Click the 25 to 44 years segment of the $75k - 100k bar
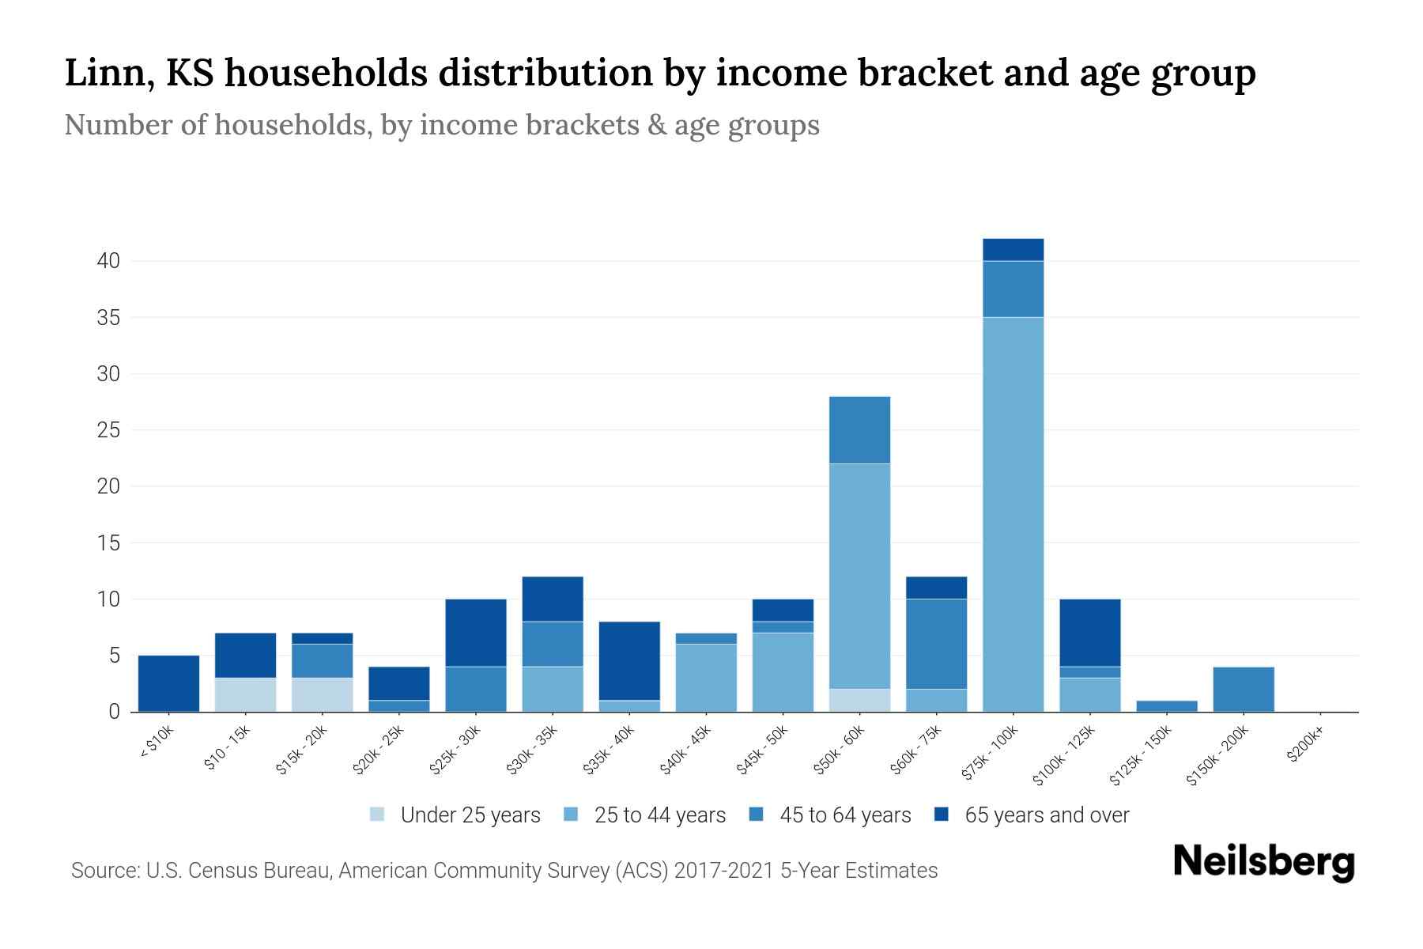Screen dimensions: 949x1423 1013,514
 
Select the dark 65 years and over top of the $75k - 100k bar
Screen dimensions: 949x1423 1013,249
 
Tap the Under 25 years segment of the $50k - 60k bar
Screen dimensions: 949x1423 859,700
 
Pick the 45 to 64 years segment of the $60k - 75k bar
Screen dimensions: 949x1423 936,644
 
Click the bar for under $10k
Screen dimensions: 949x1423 168,683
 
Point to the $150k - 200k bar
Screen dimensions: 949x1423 1244,689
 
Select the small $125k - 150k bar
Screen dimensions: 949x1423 1167,705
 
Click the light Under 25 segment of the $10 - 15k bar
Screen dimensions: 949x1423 245,694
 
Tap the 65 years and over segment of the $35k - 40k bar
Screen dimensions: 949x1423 629,660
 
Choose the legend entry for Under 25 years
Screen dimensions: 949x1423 470,815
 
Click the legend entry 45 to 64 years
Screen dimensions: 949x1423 844,815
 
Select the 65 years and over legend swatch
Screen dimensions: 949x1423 942,814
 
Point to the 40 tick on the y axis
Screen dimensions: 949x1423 108,260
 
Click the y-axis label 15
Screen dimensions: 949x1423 108,543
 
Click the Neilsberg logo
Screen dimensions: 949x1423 1263,862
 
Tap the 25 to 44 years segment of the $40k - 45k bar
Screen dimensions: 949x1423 706,678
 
